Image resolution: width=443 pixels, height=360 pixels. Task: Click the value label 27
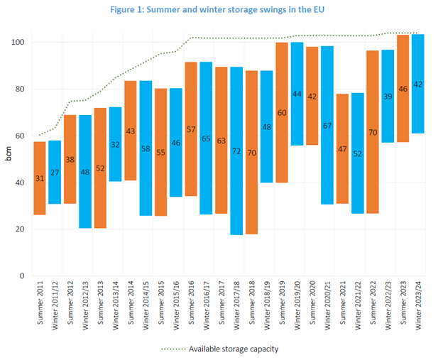[x=55, y=173]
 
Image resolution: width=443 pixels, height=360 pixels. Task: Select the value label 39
[x=388, y=96]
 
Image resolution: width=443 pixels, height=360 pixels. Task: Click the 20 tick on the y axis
[x=21, y=229]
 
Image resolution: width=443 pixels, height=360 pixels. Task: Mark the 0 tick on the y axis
[x=23, y=276]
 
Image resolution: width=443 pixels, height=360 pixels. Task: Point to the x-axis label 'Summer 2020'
[x=312, y=302]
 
